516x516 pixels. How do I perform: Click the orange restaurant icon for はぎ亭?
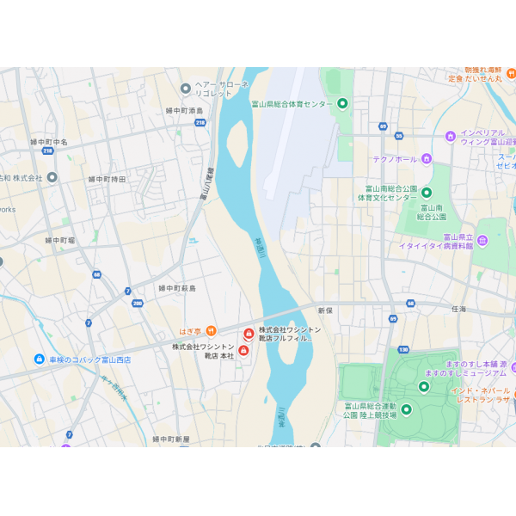pyautogui.click(x=211, y=331)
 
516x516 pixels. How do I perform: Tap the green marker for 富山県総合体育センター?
pyautogui.click(x=342, y=104)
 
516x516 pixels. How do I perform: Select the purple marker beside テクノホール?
pyautogui.click(x=426, y=158)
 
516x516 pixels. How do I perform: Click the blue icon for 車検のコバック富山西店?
pyautogui.click(x=40, y=359)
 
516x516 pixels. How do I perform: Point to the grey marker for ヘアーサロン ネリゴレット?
pyautogui.click(x=185, y=88)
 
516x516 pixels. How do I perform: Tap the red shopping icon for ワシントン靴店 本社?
pyautogui.click(x=243, y=350)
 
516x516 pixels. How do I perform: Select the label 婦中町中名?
pyautogui.click(x=49, y=142)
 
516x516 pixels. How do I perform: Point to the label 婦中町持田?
pyautogui.click(x=107, y=179)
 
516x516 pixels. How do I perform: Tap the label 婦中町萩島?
pyautogui.click(x=177, y=288)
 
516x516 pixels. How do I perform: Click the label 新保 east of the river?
pyautogui.click(x=324, y=310)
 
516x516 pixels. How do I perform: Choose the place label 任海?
pyautogui.click(x=458, y=309)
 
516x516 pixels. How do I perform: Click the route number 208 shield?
pyautogui.click(x=138, y=303)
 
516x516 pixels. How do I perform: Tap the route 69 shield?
pyautogui.click(x=393, y=318)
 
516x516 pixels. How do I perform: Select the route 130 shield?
pyautogui.click(x=403, y=350)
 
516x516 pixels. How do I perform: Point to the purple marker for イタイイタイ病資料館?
pyautogui.click(x=482, y=240)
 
